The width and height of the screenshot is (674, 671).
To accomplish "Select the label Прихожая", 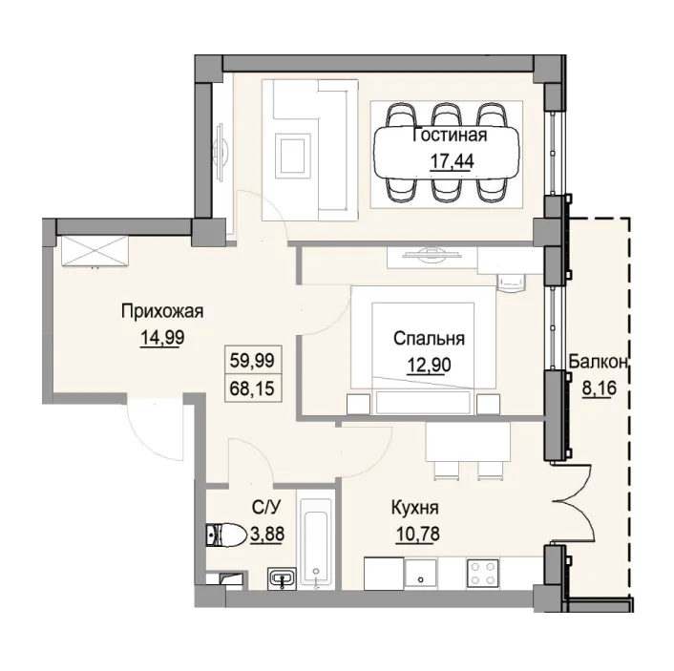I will coord(163,310).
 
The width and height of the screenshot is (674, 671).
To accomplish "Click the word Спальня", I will coord(430,339).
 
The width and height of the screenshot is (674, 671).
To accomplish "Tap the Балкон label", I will coord(598,361).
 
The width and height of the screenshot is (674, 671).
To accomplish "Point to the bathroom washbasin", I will coord(282,577).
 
